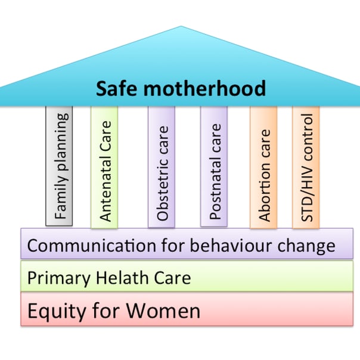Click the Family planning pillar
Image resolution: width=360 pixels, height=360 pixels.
pos(59,166)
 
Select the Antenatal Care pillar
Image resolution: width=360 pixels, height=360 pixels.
pos(104,167)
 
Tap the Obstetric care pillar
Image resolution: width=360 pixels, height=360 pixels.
pos(162,167)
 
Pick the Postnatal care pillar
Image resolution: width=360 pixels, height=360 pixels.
pos(214,166)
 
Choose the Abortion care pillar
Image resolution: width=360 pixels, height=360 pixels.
pos(263,167)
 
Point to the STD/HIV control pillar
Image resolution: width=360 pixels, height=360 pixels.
pos(306,167)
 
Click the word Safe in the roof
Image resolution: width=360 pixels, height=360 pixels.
pos(117,88)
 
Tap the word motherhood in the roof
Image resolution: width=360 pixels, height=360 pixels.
pos(204,88)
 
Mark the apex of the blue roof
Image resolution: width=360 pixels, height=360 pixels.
pos(181,26)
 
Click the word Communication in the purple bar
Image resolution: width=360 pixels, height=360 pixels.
pos(92,246)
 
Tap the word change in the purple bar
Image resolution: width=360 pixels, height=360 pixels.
pos(306,246)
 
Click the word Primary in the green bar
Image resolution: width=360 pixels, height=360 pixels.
pos(59,278)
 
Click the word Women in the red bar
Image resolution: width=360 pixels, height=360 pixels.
pos(163,311)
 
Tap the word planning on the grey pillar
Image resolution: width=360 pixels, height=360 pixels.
pos(61,142)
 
